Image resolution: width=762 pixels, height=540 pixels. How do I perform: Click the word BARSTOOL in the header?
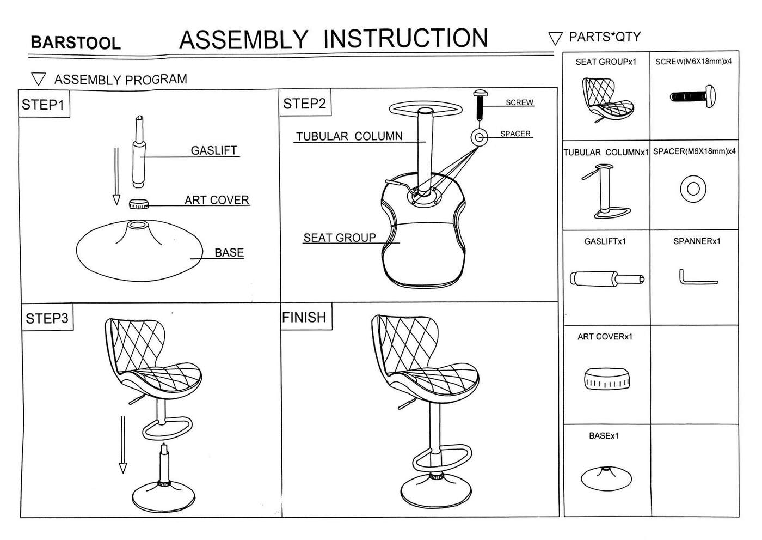tap(75, 43)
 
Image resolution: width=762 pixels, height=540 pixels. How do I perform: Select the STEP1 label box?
tap(43, 105)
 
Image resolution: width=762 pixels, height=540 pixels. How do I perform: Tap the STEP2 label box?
tap(304, 104)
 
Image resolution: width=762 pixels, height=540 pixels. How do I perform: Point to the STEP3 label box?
tap(47, 318)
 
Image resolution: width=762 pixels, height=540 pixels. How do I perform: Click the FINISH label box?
tap(304, 317)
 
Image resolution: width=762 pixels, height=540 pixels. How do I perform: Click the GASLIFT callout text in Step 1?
tap(214, 150)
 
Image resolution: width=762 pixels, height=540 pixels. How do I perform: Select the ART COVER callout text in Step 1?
tap(217, 200)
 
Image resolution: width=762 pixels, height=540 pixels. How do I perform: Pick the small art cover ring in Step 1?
tap(139, 204)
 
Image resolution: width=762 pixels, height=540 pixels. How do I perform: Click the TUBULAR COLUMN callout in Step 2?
tap(349, 136)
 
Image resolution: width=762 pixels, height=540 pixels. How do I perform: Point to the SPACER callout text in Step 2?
tap(515, 134)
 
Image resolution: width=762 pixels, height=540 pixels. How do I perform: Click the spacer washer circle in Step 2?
tap(479, 137)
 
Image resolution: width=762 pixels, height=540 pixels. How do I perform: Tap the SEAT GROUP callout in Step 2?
tap(340, 238)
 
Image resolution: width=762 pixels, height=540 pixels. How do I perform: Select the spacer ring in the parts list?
tap(693, 189)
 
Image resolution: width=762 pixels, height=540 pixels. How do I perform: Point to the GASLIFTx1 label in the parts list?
tap(605, 241)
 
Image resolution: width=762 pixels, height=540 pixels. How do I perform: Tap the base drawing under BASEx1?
tap(606, 478)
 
